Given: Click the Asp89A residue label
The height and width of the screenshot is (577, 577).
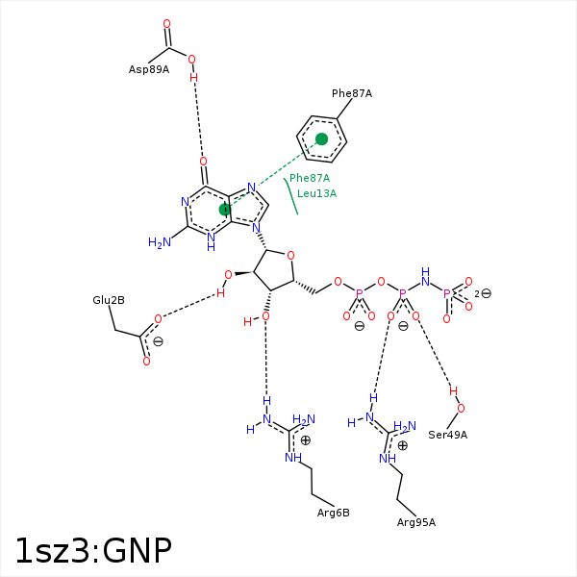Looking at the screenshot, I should pos(149,69).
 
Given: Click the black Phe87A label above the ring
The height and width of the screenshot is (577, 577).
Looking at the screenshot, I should pos(352,93).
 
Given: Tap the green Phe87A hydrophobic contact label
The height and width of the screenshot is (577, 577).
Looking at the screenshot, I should pos(310,178).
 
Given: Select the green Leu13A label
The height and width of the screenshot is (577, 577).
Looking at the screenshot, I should pos(316,193).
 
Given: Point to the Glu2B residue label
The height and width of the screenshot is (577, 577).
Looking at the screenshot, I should pos(109,301).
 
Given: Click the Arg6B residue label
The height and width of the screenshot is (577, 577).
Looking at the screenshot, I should pos(333,513).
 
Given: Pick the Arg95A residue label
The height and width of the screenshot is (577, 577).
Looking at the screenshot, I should pos(416,522).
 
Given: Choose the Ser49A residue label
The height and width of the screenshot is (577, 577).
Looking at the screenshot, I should pos(448,435).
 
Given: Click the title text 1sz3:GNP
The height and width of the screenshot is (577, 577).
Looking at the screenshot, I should pos(93,550).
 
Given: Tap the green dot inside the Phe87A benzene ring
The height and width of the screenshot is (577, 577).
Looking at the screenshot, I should pos(322,139).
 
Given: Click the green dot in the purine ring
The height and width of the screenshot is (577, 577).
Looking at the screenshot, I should pos(225,209).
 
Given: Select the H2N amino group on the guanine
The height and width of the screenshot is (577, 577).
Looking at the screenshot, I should pos(159,242).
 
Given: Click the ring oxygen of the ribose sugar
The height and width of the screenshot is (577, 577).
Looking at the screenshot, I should pos(290,256).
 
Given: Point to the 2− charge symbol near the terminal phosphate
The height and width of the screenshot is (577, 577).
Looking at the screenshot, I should pos(484,293).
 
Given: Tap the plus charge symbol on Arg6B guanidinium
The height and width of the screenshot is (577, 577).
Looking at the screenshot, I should pos(306,440).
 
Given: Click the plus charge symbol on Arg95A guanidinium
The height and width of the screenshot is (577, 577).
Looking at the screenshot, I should pos(403,445).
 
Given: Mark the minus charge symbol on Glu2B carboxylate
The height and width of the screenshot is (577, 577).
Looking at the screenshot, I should pos(158,341).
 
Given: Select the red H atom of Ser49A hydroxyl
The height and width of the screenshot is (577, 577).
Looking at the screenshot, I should pos(454,391).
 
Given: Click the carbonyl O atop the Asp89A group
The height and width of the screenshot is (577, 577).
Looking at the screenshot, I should pos(166,24).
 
